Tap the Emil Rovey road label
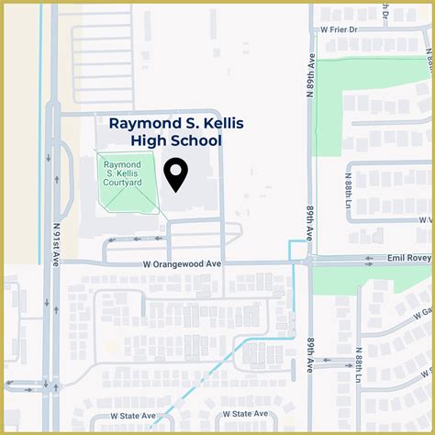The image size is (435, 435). (405, 260)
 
